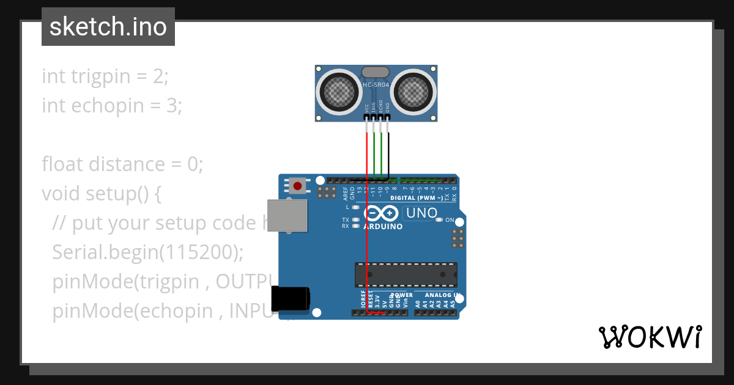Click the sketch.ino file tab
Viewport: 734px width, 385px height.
pos(108,27)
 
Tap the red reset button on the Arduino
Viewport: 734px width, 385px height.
pos(298,185)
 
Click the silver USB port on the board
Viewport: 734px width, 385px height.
pos(287,216)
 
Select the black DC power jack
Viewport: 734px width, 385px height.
pos(291,299)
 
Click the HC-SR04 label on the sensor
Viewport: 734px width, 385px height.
pos(376,85)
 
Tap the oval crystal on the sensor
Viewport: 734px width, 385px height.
pos(376,73)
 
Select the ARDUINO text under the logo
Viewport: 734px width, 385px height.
pos(383,227)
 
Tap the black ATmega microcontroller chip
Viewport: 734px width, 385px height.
pos(406,274)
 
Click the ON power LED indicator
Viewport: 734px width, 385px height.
pos(439,220)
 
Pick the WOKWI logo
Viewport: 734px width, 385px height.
pos(650,337)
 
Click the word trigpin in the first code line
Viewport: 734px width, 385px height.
pos(101,76)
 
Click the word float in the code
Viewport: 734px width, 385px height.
pos(63,164)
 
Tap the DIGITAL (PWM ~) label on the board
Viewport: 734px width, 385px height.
pos(416,198)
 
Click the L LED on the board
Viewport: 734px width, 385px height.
pos(355,207)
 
